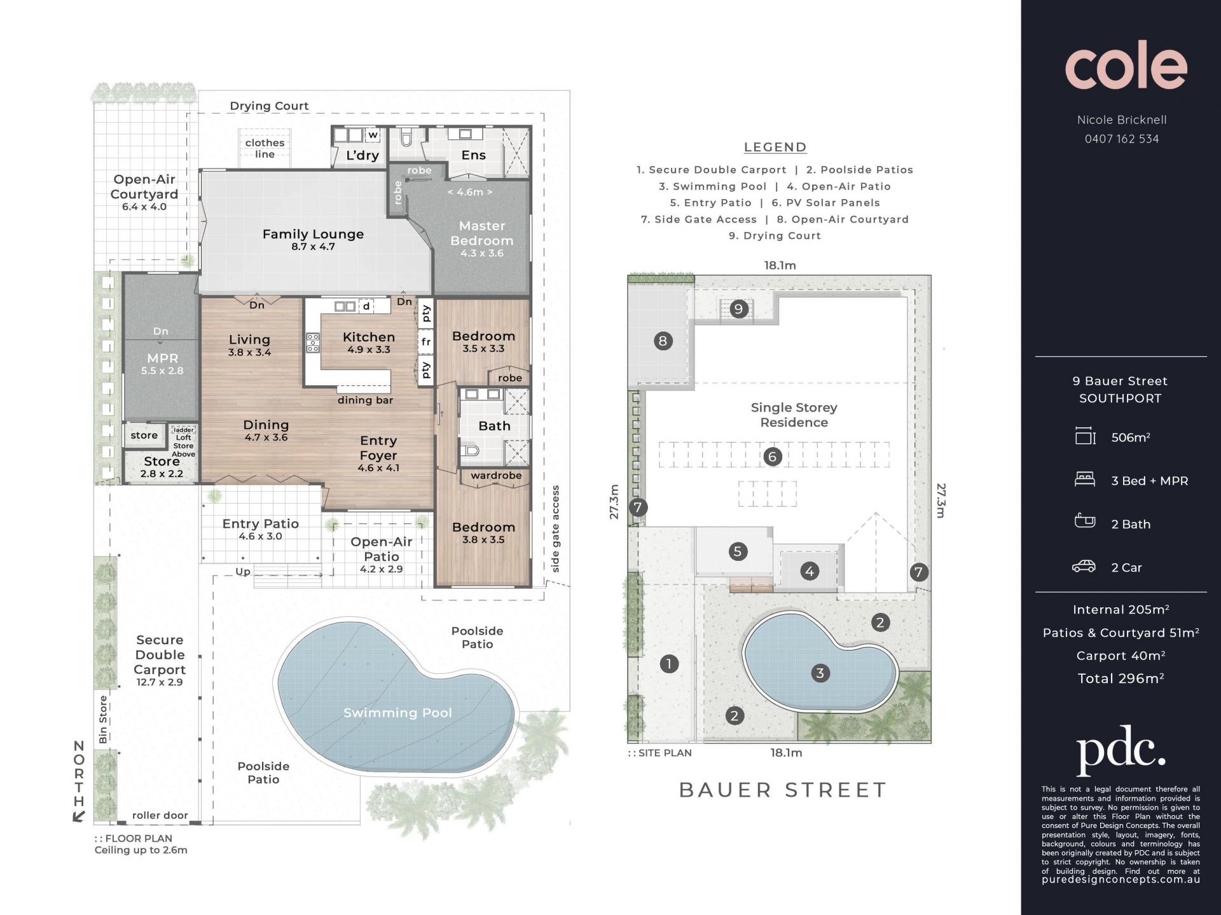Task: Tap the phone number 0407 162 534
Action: pos(1122,139)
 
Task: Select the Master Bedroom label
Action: pos(482,233)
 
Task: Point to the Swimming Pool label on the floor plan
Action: pos(397,713)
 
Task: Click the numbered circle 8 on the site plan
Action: pos(663,341)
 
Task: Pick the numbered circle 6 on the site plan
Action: pos(773,456)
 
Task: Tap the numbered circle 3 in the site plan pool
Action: pos(820,673)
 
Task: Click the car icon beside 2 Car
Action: pos(1084,566)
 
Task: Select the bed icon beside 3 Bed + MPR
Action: pos(1084,479)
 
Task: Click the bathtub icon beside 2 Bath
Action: pos(1084,521)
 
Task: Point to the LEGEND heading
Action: pos(775,148)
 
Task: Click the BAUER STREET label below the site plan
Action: pos(783,790)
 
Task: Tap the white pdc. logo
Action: pos(1121,751)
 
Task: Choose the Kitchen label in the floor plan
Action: pos(369,337)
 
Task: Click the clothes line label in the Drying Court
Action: pos(265,148)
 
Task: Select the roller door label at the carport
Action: pos(160,815)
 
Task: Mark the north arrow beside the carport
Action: pos(78,816)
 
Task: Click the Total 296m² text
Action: pos(1121,678)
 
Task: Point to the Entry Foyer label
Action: pos(378,448)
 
